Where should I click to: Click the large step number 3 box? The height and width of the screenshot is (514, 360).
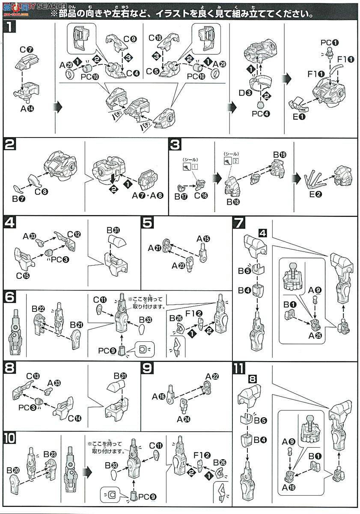tap(176, 144)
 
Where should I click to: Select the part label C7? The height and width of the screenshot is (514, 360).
tap(26, 49)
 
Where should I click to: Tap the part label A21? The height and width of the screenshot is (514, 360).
tap(155, 248)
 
